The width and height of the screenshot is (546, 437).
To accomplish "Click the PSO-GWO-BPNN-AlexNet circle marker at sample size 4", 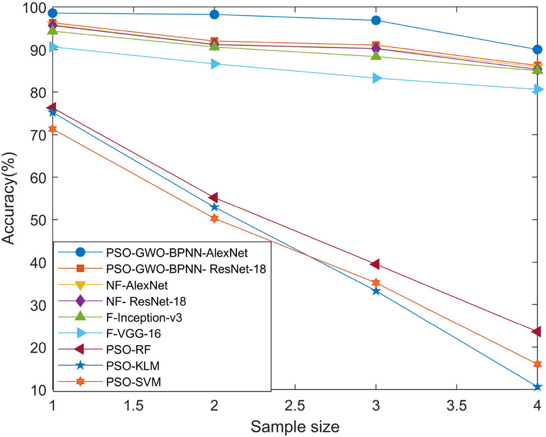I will [536, 50].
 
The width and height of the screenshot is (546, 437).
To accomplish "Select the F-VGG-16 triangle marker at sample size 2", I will [214, 64].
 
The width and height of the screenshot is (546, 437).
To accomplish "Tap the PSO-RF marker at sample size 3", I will [375, 264].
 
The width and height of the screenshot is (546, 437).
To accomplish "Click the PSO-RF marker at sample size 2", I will [214, 198].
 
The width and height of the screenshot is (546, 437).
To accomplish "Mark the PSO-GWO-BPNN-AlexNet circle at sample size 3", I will [376, 21].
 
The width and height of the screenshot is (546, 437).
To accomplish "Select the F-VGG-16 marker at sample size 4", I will [537, 90].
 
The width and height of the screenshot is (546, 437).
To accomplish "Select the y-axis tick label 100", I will [32, 8].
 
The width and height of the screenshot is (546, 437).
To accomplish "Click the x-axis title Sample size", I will [295, 427].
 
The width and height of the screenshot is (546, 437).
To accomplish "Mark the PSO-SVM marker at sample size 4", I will [536, 364].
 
